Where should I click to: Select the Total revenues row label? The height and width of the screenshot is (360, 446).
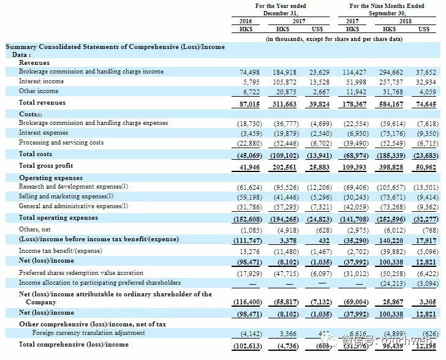click(42, 103)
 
